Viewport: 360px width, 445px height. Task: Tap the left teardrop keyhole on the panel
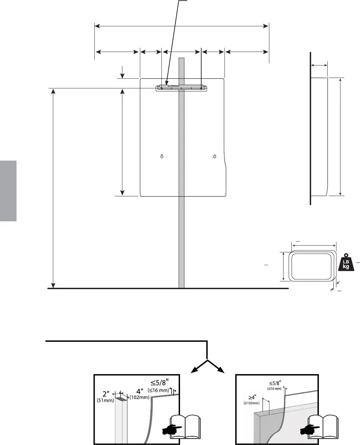tap(162, 156)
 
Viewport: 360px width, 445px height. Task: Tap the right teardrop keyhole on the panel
tap(215, 156)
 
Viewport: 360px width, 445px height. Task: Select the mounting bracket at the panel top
tap(181, 88)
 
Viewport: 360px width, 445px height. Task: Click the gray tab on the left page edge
tap(8, 191)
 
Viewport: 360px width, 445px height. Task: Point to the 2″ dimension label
tap(106, 394)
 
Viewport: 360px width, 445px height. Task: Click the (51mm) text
tap(106, 400)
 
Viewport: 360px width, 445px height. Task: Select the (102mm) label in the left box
tap(140, 397)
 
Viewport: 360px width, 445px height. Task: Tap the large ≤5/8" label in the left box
tap(159, 383)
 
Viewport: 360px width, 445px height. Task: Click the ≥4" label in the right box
tap(252, 397)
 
